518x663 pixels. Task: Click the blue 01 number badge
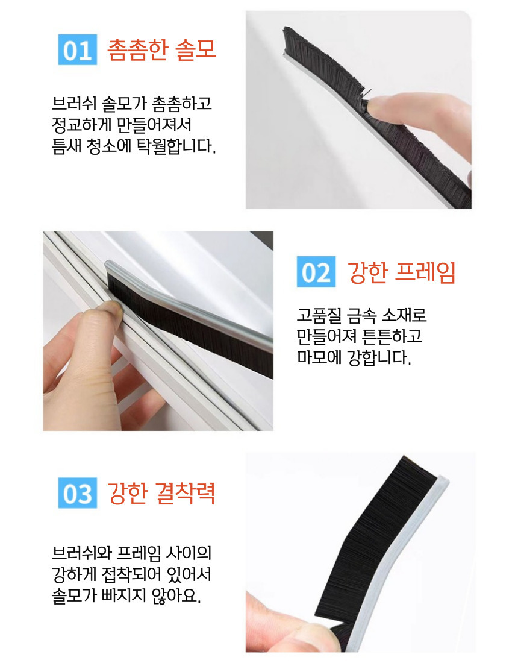[x=77, y=49]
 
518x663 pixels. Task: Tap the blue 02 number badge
[x=316, y=271]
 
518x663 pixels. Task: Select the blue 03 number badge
[x=77, y=492]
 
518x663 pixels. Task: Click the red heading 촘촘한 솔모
[x=162, y=50]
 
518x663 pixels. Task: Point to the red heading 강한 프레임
[x=401, y=272]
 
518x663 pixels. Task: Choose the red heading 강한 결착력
[x=161, y=493]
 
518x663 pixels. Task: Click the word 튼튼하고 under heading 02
[x=392, y=336]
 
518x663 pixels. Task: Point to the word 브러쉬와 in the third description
[x=81, y=553]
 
